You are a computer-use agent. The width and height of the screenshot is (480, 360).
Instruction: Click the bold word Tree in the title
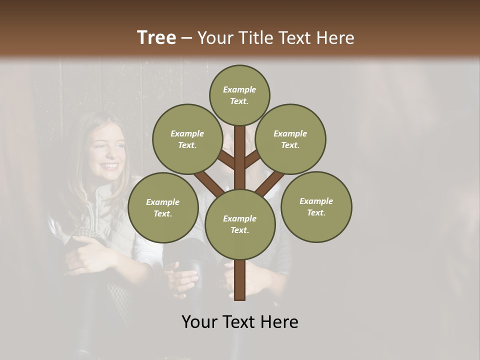pos(156,38)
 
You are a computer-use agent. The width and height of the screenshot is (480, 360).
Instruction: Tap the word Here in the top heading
pos(334,38)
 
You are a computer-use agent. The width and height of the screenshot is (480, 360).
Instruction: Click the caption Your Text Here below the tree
pos(239,322)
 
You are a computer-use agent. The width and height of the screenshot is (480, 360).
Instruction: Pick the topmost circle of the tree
pos(239,95)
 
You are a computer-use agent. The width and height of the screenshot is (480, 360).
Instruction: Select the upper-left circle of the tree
pos(187,139)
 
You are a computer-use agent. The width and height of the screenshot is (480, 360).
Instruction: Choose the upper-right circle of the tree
pos(290,139)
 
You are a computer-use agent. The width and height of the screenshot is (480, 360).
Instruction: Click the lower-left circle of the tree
pos(163,207)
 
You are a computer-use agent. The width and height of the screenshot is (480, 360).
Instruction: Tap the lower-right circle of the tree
pos(316,206)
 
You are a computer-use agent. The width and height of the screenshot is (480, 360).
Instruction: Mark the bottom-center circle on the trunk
pos(239,224)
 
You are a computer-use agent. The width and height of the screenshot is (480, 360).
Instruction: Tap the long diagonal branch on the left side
pos(209,183)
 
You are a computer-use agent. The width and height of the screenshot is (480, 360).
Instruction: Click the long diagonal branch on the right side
pos(270,183)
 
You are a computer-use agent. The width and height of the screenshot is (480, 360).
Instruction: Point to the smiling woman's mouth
pos(108,165)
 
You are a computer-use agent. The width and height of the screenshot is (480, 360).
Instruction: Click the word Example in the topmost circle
pos(239,89)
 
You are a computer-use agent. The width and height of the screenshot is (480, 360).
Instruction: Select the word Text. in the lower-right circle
pos(316,212)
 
